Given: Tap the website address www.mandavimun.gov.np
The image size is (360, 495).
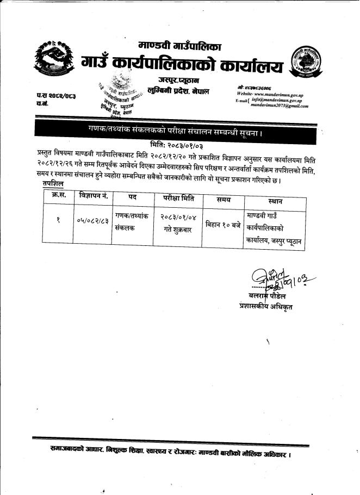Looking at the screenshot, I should [278, 95].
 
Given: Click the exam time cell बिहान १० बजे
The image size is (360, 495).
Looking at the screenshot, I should [223, 224].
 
